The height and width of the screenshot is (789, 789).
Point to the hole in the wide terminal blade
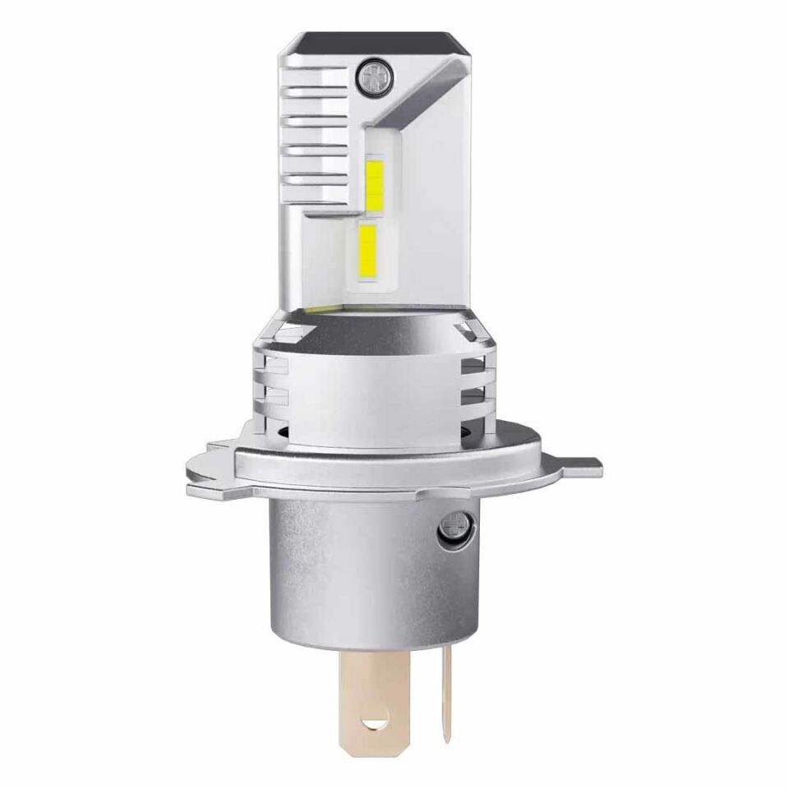(x=377, y=724)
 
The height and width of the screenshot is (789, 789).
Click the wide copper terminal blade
(x=376, y=690)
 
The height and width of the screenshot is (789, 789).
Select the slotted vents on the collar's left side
(x=271, y=378)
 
